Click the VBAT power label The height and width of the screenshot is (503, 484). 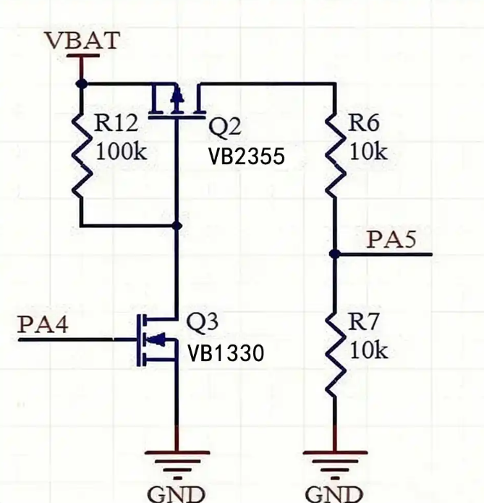83,40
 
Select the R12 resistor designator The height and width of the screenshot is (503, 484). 116,122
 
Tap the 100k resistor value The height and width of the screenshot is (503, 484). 122,151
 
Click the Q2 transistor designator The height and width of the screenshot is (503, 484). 224,126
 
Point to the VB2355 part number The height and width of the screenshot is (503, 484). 247,156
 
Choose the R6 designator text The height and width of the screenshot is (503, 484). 363,122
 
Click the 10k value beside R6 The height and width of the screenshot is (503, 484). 368,151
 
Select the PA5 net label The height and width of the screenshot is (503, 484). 391,240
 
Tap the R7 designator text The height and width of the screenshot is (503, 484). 363,321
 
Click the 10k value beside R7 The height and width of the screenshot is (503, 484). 369,350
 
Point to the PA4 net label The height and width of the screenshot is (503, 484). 43,324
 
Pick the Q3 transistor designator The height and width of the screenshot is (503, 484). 203,322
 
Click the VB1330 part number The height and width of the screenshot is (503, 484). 226,353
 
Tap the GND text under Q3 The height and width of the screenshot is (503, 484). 176,494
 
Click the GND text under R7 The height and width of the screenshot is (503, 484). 334,494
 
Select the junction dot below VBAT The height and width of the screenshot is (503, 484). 81,84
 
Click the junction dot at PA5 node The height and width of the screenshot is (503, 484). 335,254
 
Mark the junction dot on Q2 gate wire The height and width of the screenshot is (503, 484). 177,226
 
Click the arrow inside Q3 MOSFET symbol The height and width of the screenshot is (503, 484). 158,339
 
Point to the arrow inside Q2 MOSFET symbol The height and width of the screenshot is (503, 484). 177,96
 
